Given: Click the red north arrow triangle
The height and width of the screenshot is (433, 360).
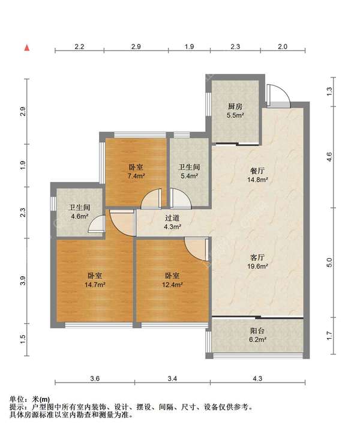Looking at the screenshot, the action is (27, 48).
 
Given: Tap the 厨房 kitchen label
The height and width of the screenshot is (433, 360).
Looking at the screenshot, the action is (235, 106).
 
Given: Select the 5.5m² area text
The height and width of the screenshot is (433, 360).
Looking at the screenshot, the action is (235, 115).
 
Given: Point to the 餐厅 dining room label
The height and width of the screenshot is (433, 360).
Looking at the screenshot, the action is (257, 171).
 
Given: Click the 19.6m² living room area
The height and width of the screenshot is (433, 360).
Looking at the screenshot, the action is (257, 267).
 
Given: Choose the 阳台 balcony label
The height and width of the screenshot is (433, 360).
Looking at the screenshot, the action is (257, 330).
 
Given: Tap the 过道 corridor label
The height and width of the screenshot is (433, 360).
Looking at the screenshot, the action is (172, 218).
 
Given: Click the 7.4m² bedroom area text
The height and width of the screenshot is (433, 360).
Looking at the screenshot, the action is (136, 176).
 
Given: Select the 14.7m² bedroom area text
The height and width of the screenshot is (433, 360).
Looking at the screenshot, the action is (95, 285).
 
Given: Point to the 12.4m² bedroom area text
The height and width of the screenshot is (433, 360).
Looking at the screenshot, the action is (172, 285).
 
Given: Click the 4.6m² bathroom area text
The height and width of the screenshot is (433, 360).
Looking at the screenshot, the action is (79, 216).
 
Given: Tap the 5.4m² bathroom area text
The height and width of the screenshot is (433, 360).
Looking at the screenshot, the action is (189, 176).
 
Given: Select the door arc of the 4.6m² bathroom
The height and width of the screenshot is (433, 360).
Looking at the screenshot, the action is (95, 222).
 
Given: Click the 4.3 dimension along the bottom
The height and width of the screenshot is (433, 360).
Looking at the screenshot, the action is (257, 378).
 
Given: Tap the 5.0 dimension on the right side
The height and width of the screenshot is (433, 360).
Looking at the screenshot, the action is (329, 262).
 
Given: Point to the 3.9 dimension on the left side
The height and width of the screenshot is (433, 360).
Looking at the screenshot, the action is (23, 280).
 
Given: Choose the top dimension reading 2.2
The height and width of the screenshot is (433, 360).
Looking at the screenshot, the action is (79, 47).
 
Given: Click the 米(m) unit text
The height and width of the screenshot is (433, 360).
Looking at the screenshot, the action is (41, 399).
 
